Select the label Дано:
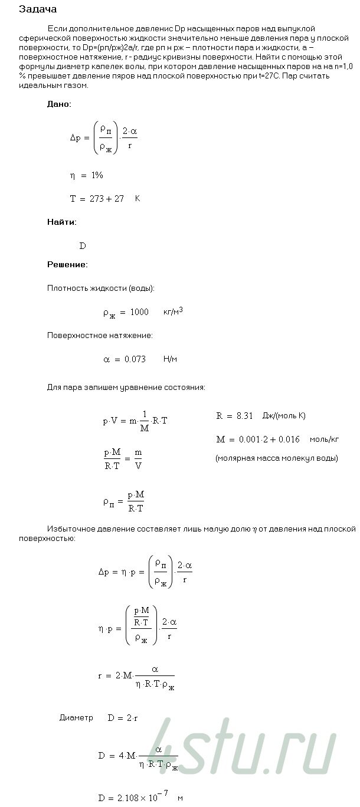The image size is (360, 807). [x=59, y=104]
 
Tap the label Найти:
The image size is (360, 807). [x=61, y=222]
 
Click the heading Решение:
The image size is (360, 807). [x=67, y=264]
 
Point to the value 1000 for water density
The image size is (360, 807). [x=139, y=312]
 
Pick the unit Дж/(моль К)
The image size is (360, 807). [x=286, y=416]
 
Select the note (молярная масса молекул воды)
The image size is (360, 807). [x=276, y=458]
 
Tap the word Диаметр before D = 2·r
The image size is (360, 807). [x=76, y=718]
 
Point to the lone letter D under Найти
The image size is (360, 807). [x=83, y=246]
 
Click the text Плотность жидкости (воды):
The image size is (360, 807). [x=101, y=288]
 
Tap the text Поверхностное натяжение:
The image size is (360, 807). [x=100, y=335]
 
